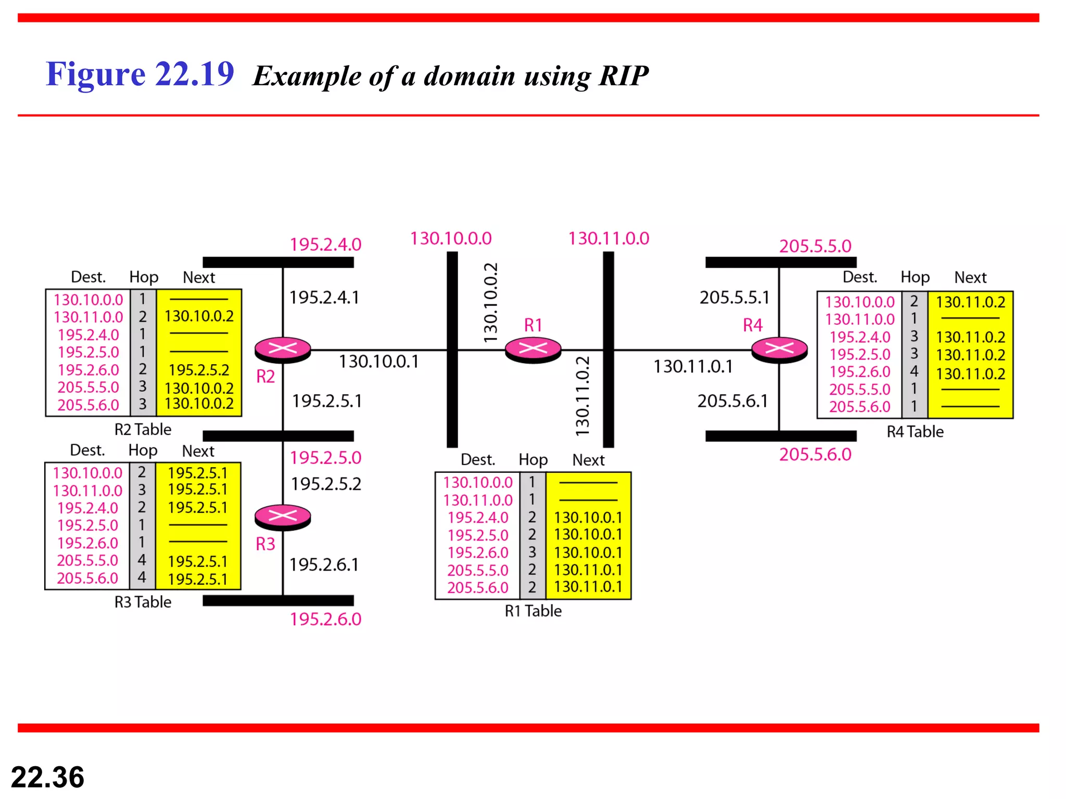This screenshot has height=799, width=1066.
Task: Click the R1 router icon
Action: (533, 349)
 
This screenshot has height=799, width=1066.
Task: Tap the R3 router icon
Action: (283, 517)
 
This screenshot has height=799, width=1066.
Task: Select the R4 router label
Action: (753, 326)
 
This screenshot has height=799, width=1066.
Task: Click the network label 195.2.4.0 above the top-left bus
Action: (325, 244)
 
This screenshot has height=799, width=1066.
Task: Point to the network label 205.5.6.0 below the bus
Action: (815, 455)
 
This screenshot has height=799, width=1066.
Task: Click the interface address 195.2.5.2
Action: (326, 484)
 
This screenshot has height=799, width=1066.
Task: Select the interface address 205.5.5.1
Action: (734, 298)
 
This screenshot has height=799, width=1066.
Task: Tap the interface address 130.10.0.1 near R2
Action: (378, 362)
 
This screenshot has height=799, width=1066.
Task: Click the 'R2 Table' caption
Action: (143, 430)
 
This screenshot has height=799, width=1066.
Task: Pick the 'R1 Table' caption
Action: (533, 611)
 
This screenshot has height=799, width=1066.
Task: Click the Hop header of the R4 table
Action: (915, 277)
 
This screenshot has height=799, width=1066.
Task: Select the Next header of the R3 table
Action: (198, 451)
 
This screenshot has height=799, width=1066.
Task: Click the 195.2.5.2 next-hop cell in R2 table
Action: (199, 370)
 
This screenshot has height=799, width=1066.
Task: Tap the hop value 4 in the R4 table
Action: (914, 371)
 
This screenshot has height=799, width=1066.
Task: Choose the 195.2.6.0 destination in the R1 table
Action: (478, 552)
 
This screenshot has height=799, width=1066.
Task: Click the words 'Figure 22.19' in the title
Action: (139, 74)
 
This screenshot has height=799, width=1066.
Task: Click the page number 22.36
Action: (47, 777)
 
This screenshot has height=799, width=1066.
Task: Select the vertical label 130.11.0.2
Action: (583, 396)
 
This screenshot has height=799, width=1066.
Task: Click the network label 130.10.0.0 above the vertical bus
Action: (451, 239)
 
